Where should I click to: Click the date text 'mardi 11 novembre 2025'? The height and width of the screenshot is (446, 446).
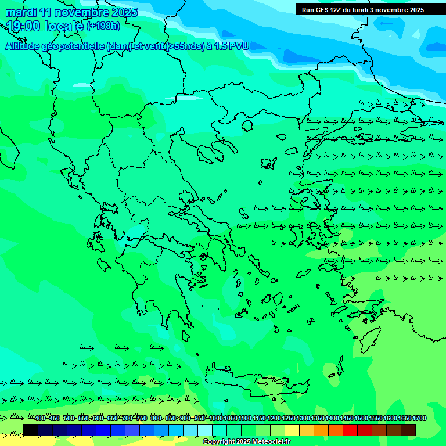pyautogui.click(x=71, y=12)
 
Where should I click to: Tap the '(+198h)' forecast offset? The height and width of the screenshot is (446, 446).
pyautogui.click(x=103, y=26)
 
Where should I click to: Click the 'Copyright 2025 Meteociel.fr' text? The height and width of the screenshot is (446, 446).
pyautogui.click(x=246, y=442)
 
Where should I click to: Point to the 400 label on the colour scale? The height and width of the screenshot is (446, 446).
pyautogui.click(x=40, y=419)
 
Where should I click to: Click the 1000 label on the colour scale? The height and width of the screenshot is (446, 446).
pyautogui.click(x=216, y=419)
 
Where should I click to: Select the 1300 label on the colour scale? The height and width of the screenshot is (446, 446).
pyautogui.click(x=303, y=419)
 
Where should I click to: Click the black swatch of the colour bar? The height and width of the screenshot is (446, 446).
pyautogui.click(x=31, y=430)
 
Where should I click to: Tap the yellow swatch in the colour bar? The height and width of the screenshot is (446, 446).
pyautogui.click(x=292, y=430)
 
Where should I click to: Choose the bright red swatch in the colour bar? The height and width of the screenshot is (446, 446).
pyautogui.click(x=350, y=430)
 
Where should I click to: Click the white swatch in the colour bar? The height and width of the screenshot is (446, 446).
pyautogui.click(x=205, y=430)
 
